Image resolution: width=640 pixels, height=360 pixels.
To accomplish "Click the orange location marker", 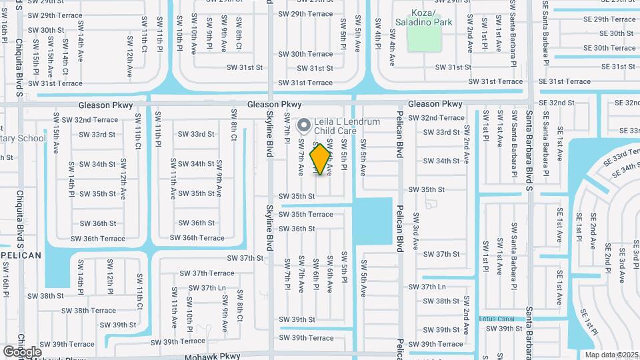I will (320, 159).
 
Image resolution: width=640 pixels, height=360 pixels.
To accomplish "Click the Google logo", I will (22, 351).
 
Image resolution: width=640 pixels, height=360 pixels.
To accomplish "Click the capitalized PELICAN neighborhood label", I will (21, 255).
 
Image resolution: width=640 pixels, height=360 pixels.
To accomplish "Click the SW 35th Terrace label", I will (305, 215).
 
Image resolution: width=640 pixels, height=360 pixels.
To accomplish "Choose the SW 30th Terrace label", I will (305, 54).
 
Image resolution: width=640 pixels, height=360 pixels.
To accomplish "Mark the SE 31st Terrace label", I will (565, 81).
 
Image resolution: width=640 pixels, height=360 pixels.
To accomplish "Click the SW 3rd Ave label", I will (415, 231).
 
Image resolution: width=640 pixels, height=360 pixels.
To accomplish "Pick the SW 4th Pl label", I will (377, 44).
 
